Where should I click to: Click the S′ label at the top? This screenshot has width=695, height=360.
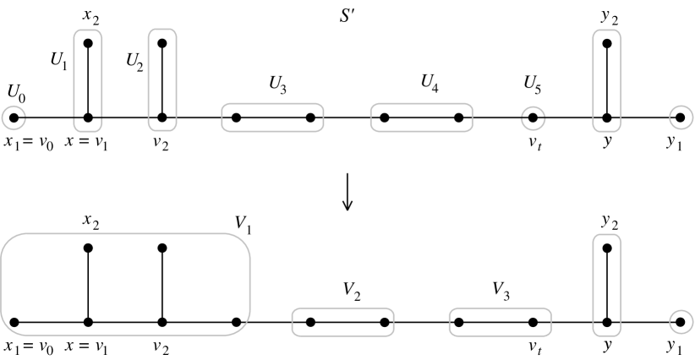pos(347,16)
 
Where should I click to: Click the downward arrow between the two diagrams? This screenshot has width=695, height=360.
pos(347,195)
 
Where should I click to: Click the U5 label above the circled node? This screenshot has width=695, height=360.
pos(533,85)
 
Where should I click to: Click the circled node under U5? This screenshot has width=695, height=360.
pos(533,117)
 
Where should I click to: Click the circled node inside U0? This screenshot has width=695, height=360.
pos(14,117)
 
